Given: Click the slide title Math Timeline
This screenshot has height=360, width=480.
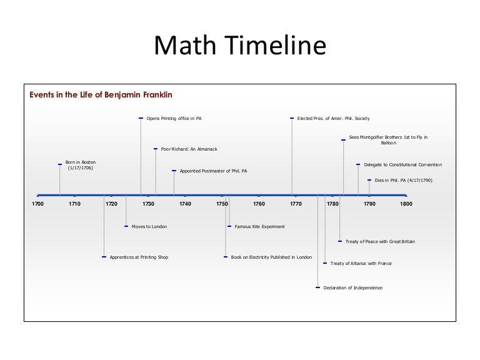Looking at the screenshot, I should (240, 47).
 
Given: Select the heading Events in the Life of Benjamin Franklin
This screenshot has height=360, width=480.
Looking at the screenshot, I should (101, 95).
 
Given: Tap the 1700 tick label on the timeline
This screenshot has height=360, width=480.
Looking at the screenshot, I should (37, 204).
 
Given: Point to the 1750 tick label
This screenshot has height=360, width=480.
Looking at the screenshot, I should (222, 204).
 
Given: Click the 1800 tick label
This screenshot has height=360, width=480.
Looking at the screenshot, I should (406, 204).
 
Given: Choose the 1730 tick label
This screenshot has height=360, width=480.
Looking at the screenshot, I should (148, 204).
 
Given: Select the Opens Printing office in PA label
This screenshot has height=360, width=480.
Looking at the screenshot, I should (174, 118).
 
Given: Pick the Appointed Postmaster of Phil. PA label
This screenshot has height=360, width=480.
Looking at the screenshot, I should (213, 171).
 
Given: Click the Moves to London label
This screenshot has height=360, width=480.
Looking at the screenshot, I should (149, 226).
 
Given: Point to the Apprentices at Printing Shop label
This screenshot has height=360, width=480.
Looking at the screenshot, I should (139, 257).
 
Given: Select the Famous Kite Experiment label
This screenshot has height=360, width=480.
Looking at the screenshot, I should (259, 226).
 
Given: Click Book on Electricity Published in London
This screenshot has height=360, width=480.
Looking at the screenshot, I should (271, 257).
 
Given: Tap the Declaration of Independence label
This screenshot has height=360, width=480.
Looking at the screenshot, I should (352, 287).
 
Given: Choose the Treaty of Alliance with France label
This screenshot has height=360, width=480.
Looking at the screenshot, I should (361, 264).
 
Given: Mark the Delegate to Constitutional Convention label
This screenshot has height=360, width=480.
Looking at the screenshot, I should (403, 164).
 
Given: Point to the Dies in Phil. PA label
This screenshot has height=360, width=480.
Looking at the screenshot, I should (403, 180).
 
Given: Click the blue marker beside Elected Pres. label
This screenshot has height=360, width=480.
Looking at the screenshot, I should (292, 118).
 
